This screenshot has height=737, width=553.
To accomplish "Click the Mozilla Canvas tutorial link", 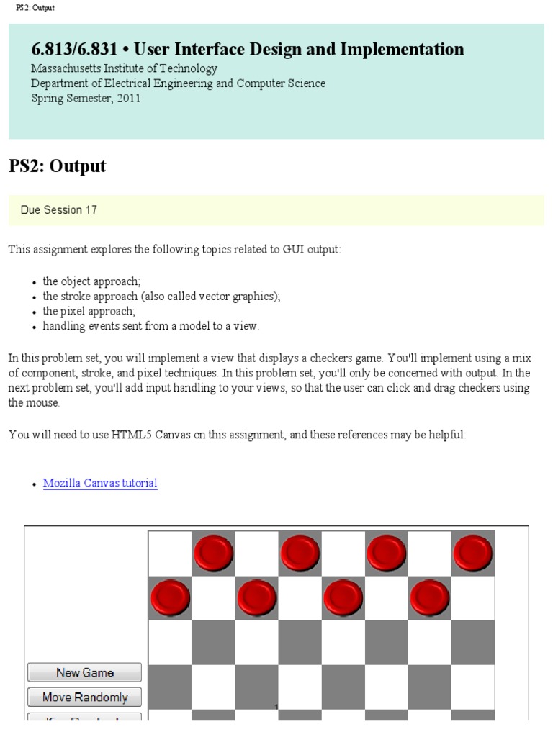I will (100, 483).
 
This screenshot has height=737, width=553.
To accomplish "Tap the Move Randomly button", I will (84, 697).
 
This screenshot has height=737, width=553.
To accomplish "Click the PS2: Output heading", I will (57, 166).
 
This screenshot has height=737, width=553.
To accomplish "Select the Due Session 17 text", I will (59, 210).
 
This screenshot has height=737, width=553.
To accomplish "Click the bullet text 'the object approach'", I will (91, 281).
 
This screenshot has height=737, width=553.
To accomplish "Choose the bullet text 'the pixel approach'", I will (89, 311).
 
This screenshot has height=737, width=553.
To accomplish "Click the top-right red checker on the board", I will (473, 553).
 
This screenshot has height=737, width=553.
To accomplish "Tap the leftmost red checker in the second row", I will (170, 597).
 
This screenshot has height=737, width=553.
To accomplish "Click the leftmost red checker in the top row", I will (213, 553).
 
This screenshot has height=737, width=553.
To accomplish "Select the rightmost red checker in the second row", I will (430, 597).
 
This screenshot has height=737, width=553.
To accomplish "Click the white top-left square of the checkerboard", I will (170, 553).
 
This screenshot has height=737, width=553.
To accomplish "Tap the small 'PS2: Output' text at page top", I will (35, 7).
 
